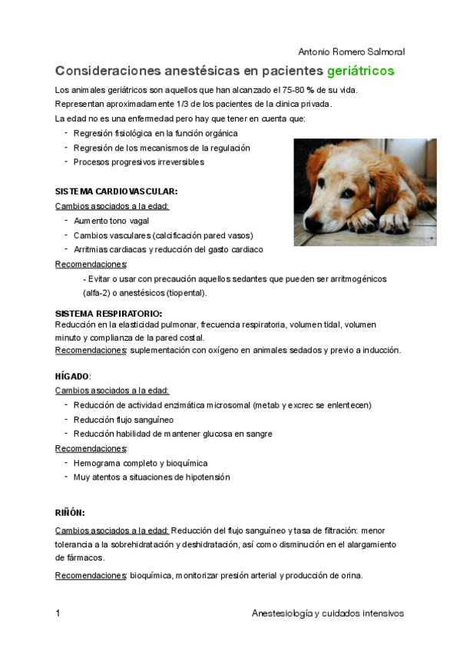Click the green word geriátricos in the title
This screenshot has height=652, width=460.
pos(360,72)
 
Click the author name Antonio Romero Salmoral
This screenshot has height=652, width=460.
pos(350,52)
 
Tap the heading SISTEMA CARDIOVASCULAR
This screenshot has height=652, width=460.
pos(117,191)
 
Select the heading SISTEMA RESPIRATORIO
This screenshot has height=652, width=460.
pos(108,314)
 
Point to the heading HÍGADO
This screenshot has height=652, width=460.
pos(72,376)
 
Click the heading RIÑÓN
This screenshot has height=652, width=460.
pos(70,512)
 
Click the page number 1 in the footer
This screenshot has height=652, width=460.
pos(58,614)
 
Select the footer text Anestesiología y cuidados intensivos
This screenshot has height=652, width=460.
pos(328,614)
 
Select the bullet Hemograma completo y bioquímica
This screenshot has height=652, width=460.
pos(141,463)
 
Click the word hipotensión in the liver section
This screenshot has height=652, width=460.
pos(207,477)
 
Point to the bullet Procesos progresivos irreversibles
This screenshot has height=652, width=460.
pos(139,162)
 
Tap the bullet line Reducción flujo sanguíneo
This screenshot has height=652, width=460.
pos(124,420)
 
